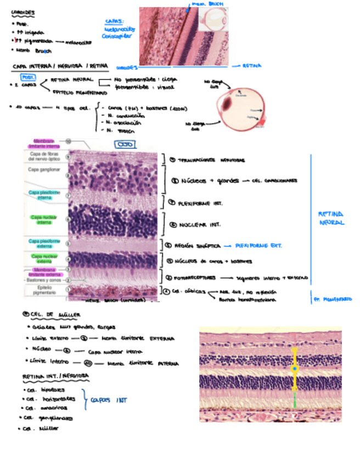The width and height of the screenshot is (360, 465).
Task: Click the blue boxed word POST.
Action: tap(27, 77)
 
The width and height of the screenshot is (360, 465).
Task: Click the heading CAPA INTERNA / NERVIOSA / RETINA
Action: tap(60, 66)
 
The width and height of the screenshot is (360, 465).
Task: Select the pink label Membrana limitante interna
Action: tap(46, 144)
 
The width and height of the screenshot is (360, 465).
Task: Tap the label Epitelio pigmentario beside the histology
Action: tap(44, 289)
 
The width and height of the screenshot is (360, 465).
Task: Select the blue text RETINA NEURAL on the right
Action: tap(331, 218)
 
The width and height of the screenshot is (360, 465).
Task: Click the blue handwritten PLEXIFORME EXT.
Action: tap(258, 245)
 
